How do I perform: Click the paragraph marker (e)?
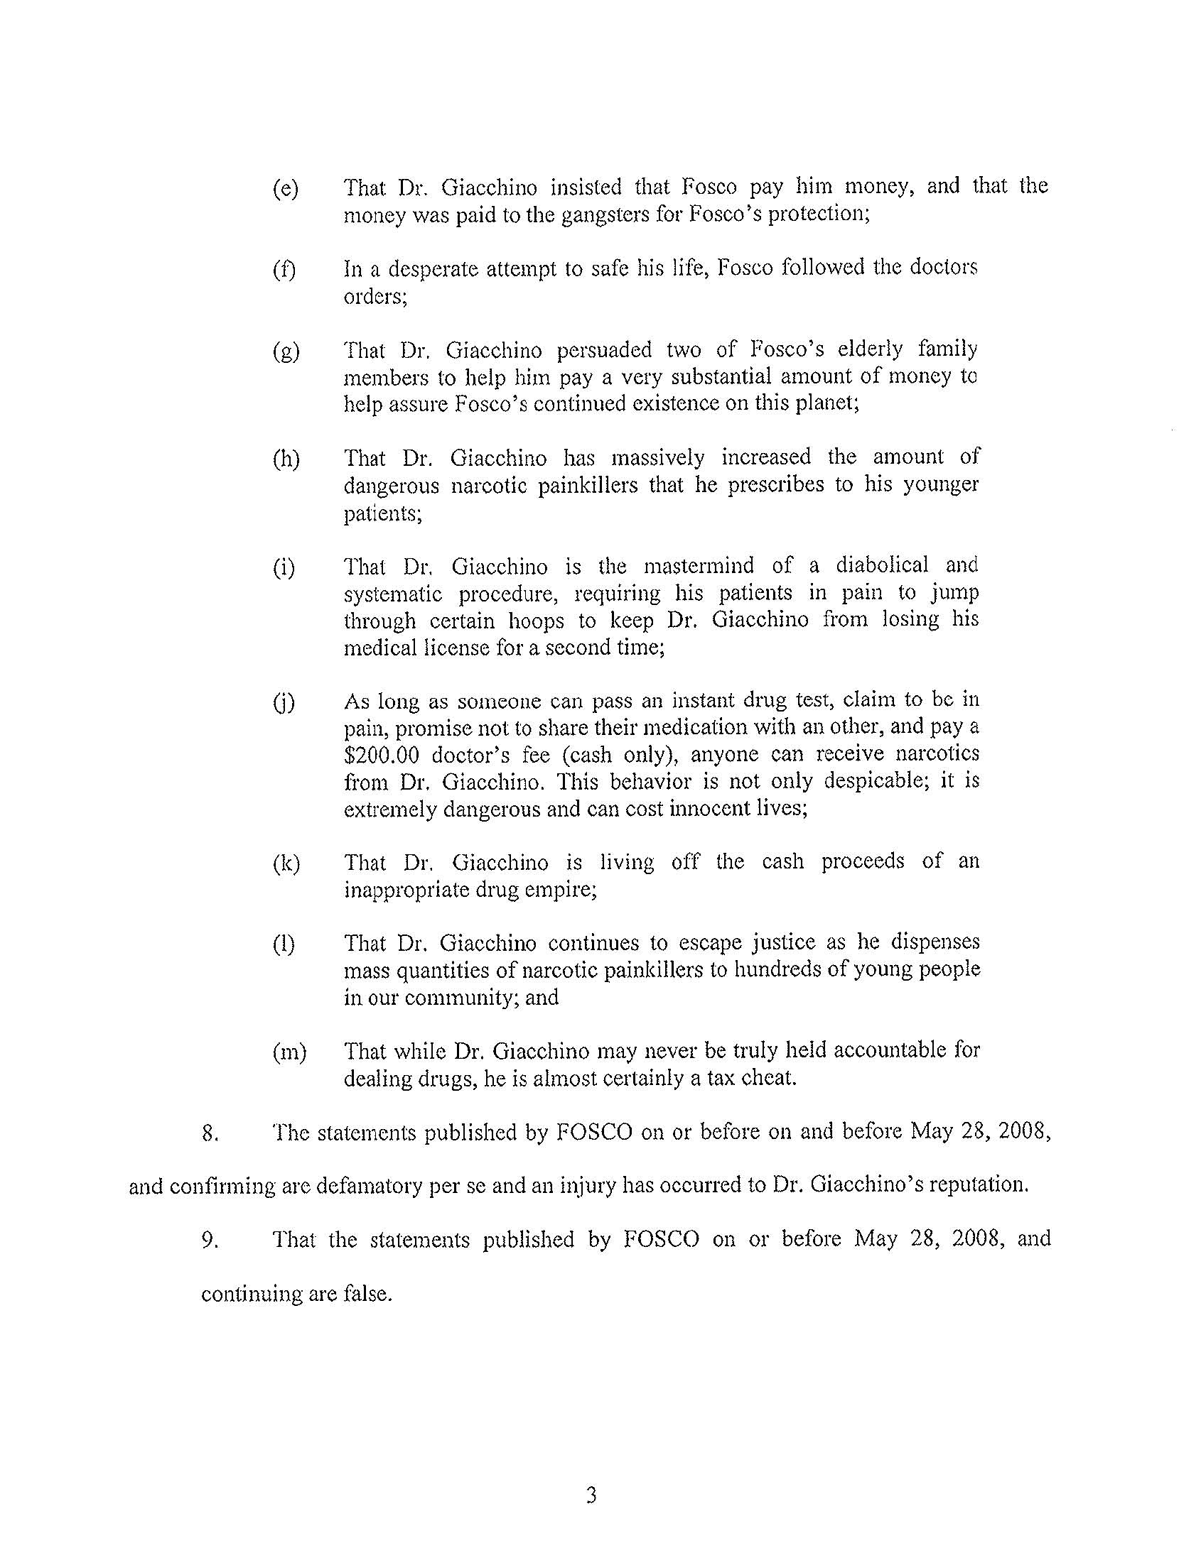(285, 189)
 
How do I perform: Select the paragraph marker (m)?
(289, 1052)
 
